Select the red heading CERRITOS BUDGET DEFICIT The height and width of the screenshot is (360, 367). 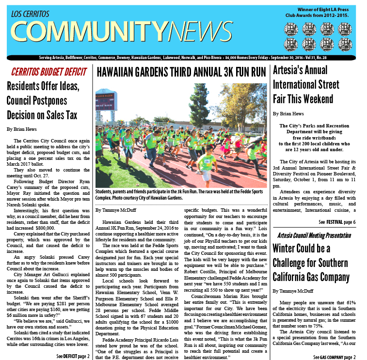(48, 72)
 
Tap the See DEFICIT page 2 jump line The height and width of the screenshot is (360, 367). (73, 356)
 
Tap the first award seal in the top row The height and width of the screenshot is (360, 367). (291, 30)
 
